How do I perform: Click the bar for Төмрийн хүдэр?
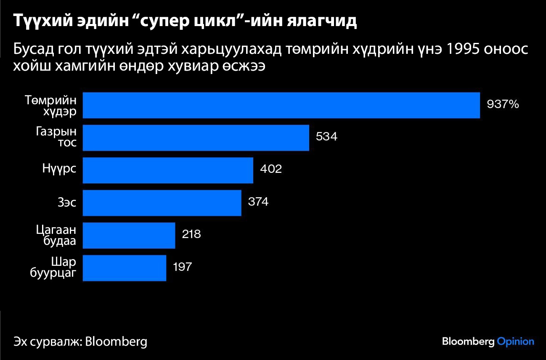point(281,105)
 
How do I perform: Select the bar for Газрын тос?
point(196,138)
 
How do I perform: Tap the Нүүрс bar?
point(168,170)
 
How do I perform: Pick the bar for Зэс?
point(162,203)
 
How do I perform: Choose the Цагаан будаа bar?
point(129,236)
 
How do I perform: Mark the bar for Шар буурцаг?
point(125,268)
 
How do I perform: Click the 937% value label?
point(503,104)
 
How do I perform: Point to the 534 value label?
point(326,137)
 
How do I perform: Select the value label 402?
point(270,169)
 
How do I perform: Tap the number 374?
point(258,202)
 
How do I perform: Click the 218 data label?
point(191,234)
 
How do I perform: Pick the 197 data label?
point(182,267)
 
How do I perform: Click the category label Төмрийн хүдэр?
point(51,106)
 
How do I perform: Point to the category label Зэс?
point(67,203)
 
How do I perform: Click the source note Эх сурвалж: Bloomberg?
point(80,341)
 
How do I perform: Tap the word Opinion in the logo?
point(515,341)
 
